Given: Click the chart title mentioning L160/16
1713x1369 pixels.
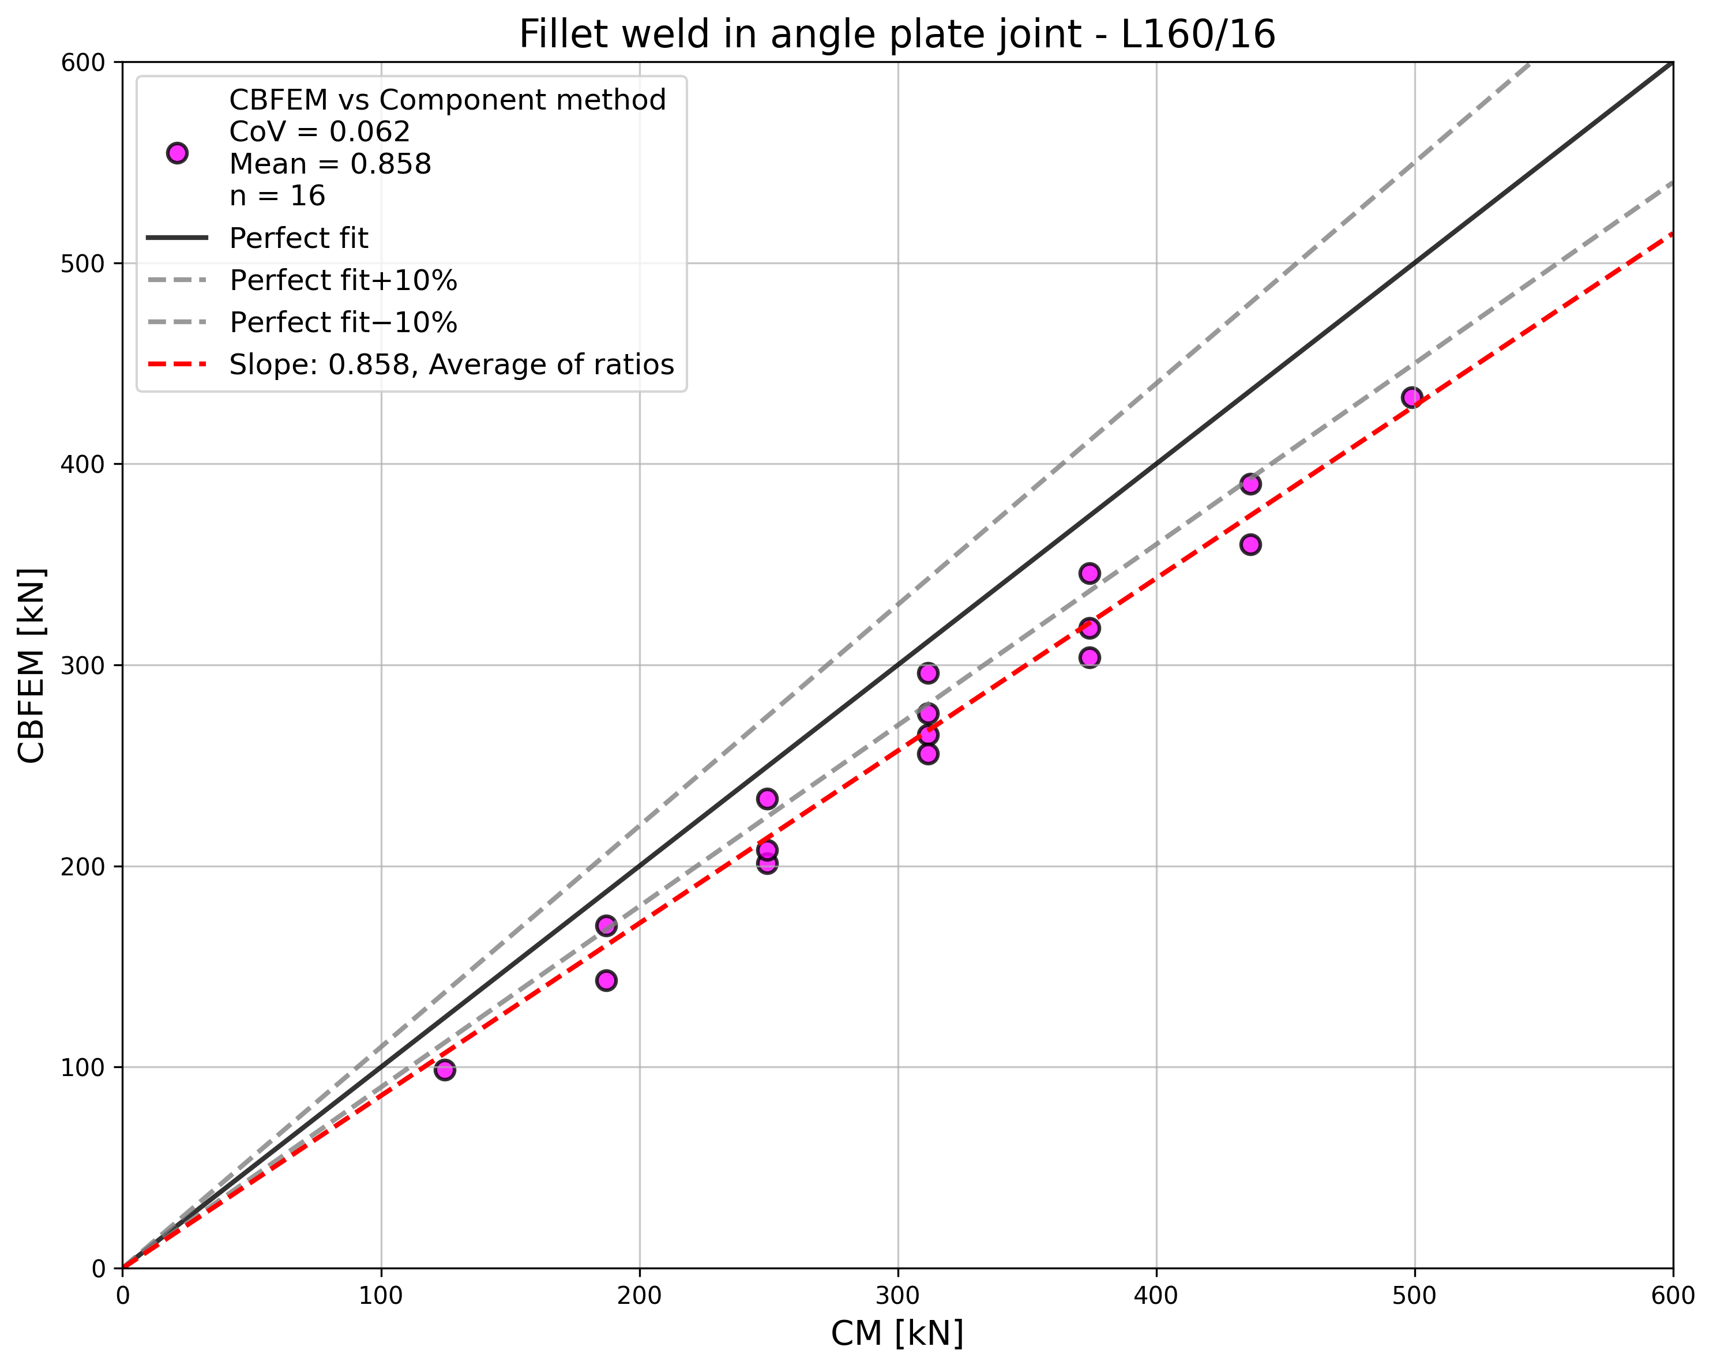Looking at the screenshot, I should [x=897, y=35].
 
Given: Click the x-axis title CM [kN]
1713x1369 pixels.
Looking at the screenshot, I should [x=897, y=1333].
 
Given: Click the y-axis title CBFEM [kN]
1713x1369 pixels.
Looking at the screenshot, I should [x=32, y=665].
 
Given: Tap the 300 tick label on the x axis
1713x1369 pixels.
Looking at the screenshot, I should [x=898, y=1296].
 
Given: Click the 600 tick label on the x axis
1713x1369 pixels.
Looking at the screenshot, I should [x=1673, y=1296].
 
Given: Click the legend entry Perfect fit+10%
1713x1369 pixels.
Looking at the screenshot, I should [x=343, y=280].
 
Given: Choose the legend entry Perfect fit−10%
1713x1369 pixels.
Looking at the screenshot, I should [x=343, y=322].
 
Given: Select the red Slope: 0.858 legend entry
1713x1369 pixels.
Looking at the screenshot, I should [x=450, y=364].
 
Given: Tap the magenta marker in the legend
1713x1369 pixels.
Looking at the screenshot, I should [x=177, y=153].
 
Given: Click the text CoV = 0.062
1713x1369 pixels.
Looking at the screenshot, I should [x=320, y=132].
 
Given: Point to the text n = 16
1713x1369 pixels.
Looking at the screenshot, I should [x=277, y=195].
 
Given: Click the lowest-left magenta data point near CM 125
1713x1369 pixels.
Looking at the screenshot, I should [x=445, y=1070].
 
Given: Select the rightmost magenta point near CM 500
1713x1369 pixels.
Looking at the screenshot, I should [x=1412, y=397].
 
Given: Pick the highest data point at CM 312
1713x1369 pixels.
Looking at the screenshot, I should [x=928, y=674].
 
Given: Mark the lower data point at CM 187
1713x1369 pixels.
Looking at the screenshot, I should [x=606, y=980].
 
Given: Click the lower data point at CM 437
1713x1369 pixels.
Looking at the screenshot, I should [x=1250, y=544].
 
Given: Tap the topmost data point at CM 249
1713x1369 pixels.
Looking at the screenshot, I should [x=767, y=799].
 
